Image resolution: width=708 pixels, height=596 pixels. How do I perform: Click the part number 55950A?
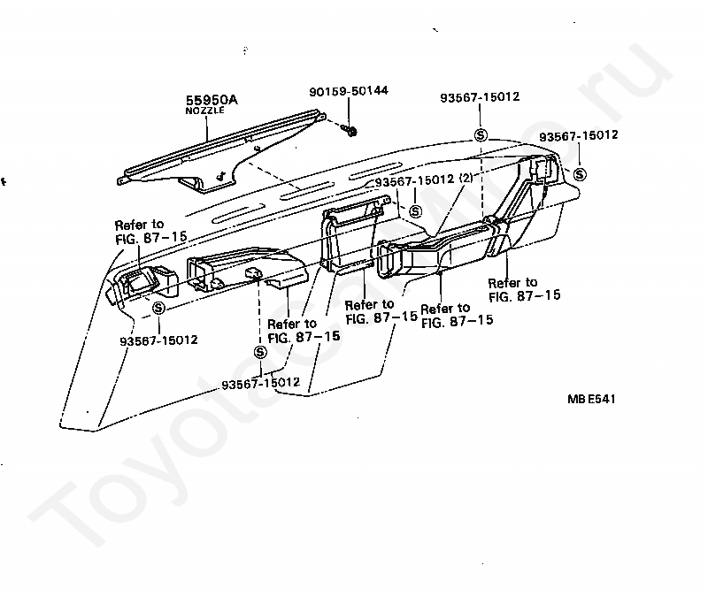[212, 100]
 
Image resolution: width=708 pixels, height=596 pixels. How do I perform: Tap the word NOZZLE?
[204, 111]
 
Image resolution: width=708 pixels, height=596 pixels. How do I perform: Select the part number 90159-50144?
[349, 91]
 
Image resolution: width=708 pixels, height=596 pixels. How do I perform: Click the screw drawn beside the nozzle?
[350, 130]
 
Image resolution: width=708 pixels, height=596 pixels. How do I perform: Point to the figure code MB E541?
[591, 399]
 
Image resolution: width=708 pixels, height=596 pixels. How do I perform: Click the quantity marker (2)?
[466, 178]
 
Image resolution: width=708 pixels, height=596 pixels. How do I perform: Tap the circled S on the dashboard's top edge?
[481, 134]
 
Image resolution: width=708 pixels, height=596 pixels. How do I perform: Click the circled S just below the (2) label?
[415, 211]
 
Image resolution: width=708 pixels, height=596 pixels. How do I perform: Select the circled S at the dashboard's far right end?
[580, 174]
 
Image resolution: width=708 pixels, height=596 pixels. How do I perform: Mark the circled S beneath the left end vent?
[158, 308]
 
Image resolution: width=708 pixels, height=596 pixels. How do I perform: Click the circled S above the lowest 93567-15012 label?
[260, 351]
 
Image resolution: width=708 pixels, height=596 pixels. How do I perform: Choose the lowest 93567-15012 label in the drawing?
[260, 383]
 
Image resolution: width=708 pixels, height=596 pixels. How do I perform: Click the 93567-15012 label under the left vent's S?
[159, 340]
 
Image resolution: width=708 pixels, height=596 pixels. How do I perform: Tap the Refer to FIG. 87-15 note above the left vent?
[150, 232]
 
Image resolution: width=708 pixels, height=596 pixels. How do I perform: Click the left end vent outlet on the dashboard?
[141, 282]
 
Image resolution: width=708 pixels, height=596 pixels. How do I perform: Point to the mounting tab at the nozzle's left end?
[121, 180]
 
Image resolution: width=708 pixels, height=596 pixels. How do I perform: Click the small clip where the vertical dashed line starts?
[254, 272]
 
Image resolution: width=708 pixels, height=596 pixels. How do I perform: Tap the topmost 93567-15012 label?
[480, 97]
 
